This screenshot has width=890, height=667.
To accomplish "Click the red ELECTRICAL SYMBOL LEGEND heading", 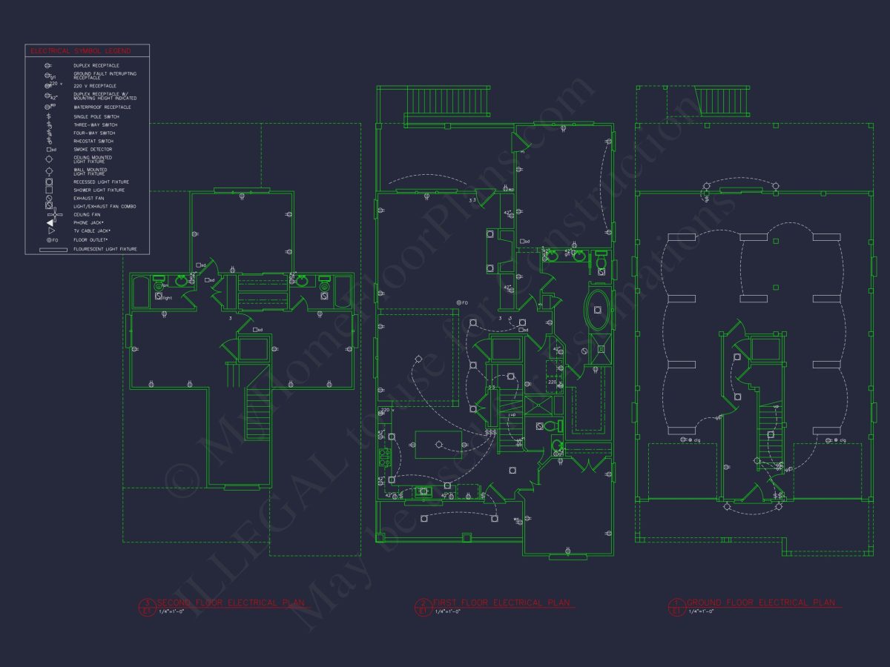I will coord(80,51).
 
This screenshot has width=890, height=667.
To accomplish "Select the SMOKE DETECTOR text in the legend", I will coord(93,150).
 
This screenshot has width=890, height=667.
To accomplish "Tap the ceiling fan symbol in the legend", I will coord(49,214).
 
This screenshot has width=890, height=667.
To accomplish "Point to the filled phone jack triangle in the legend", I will coord(50,222).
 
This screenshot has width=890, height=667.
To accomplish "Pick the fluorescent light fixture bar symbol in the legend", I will coord(49,249).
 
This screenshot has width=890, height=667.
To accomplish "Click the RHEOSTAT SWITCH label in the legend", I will coord(93,142).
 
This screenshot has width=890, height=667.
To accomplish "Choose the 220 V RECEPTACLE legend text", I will coord(94,86).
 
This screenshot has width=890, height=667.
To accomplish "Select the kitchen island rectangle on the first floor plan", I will coord(438,444).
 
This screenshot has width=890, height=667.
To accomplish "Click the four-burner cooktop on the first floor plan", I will coord(384,458).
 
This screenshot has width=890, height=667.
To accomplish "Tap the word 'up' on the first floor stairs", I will coord(512,415).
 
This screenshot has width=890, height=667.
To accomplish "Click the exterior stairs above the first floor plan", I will coord(448,102).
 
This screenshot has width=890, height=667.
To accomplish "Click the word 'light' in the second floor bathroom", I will coord(168,298).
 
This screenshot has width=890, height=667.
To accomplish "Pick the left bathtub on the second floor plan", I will coord(140,292).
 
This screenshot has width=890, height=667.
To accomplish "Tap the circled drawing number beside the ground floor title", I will coord(675,606).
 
